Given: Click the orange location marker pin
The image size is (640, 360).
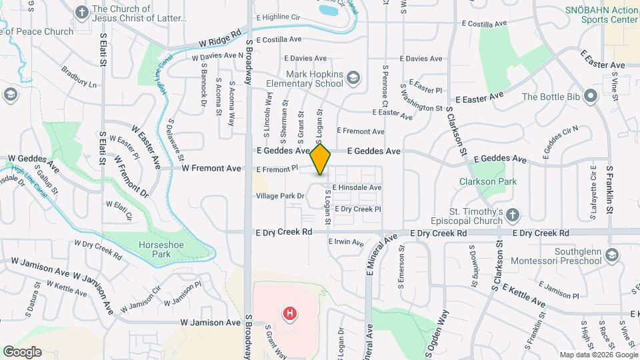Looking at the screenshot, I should point(321,159).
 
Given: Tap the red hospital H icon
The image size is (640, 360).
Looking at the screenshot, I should point(289,313).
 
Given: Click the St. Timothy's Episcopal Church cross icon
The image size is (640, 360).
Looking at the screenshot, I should point(512,215).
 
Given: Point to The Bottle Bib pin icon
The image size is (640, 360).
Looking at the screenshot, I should point(590,97).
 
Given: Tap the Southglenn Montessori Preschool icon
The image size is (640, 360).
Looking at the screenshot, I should point(612,255).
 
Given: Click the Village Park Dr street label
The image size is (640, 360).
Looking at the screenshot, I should point(280,196).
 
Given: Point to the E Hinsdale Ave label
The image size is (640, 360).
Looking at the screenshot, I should point(357,188).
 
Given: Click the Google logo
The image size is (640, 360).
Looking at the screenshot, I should point(22,352).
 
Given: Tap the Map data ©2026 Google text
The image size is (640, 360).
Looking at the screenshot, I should point(597,355).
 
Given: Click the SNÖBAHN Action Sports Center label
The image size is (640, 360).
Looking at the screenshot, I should point(601,15).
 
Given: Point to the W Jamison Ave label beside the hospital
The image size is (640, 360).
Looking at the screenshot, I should point(211,323).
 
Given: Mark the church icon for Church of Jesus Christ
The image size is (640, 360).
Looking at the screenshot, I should point(81,12).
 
